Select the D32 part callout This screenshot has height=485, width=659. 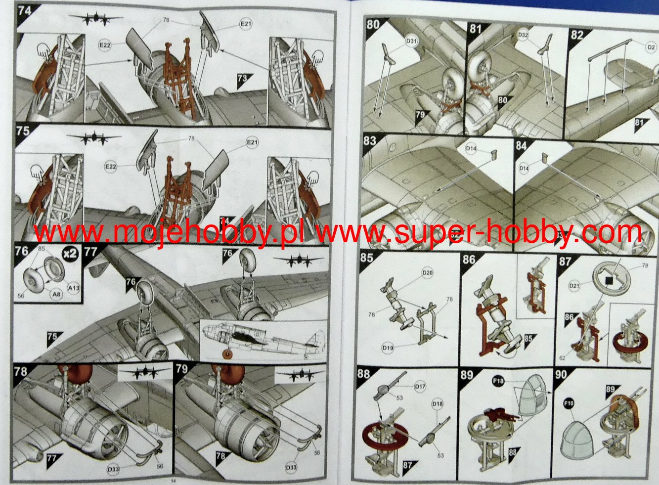click(x=524, y=35)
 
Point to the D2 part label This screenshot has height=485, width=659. click(x=651, y=47)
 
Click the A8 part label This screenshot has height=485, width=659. click(x=57, y=295)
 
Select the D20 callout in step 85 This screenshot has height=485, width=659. click(x=428, y=273)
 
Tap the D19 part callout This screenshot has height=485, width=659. click(x=388, y=348)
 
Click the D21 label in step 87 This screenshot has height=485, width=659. click(x=574, y=285)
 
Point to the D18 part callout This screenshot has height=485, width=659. click(x=438, y=404)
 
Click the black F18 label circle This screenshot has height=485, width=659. click(x=498, y=382)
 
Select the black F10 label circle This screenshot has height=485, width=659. click(x=569, y=403)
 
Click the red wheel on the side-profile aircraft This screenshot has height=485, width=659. click(x=227, y=354)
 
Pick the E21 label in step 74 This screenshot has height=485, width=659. click(x=246, y=24)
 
